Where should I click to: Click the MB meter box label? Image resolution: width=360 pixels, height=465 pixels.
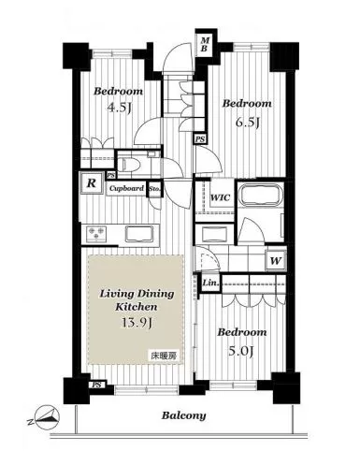[x=204, y=44]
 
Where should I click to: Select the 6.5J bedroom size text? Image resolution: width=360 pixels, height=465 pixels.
[x=248, y=123]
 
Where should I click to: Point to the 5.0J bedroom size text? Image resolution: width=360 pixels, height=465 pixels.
[x=241, y=352]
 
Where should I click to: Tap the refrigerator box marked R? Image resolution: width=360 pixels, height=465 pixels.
[x=91, y=183]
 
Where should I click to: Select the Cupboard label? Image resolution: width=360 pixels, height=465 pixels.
[x=126, y=188]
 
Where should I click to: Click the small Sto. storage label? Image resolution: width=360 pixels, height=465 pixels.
[x=154, y=189]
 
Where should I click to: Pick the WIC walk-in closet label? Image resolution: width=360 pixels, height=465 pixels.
[x=220, y=197]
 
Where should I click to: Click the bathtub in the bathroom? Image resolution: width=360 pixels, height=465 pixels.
[x=260, y=195]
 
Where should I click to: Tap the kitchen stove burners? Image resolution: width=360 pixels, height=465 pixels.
[x=96, y=234]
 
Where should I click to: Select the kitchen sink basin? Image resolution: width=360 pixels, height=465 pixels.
[x=140, y=234]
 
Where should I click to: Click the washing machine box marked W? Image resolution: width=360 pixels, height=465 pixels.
[x=276, y=260]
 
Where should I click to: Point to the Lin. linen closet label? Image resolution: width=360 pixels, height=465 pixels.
[x=210, y=283]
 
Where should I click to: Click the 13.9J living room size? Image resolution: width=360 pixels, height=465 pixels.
[x=137, y=324]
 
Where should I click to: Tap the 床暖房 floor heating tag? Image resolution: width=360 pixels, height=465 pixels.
[x=165, y=356]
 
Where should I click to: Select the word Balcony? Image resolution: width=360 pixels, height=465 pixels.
[x=183, y=415]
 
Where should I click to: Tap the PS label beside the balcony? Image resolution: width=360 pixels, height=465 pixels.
[x=97, y=385]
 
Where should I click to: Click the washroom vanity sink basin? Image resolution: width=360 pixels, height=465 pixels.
[x=214, y=233]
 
